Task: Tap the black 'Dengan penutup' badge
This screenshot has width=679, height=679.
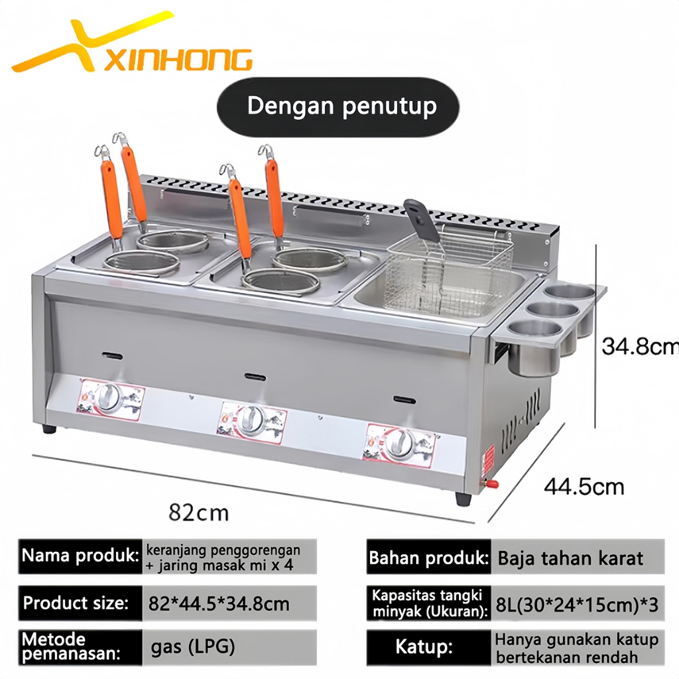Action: click(x=341, y=107)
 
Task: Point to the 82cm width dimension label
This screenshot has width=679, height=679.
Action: click(x=198, y=512)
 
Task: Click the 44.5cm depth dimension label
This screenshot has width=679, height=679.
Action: click(x=584, y=487)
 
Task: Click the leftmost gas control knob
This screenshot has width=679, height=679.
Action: click(x=108, y=399)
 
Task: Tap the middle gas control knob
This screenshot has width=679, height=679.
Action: click(x=251, y=420)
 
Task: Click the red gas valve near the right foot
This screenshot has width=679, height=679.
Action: click(x=492, y=485)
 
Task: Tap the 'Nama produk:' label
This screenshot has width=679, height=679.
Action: click(x=80, y=556)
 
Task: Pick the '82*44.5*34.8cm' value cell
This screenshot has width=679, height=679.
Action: click(x=218, y=604)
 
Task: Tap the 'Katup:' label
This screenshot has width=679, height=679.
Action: click(x=424, y=647)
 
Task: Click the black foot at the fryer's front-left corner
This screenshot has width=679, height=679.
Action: click(x=49, y=428)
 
